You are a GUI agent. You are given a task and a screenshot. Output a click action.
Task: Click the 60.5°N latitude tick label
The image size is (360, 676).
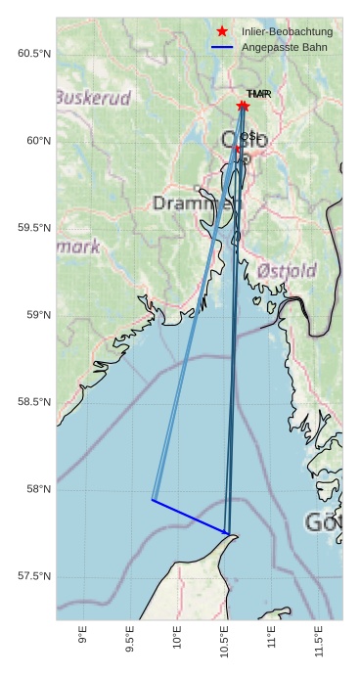[33, 53]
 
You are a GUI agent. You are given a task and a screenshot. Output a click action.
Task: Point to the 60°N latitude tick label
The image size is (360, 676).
[36, 141]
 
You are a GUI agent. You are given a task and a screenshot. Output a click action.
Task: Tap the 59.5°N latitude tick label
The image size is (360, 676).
[33, 228]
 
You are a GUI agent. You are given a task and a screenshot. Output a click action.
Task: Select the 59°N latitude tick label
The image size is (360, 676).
[36, 315]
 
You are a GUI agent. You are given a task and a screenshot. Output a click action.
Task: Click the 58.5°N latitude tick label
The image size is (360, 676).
[33, 402]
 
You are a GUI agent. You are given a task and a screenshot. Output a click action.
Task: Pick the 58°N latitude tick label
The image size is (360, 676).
[36, 489]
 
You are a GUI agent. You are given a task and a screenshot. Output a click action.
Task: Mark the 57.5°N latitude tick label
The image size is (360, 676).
[33, 576]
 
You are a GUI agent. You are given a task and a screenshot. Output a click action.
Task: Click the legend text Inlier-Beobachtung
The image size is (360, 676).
[287, 32]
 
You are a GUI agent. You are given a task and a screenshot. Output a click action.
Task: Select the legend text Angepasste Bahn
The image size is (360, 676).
[284, 47]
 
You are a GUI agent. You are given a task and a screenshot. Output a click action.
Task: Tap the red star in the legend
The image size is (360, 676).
[222, 32]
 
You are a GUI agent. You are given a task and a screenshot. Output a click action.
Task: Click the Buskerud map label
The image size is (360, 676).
[93, 98]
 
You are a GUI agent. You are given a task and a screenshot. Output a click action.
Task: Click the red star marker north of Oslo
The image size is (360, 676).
[243, 106]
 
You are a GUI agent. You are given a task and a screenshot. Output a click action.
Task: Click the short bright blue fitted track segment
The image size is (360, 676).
[191, 517]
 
